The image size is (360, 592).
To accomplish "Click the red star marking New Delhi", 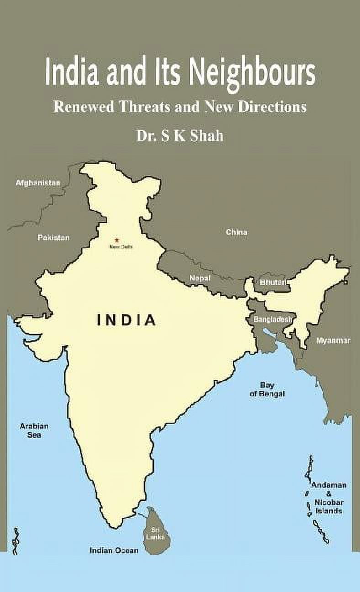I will (116, 239).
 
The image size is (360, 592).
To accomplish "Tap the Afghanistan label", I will (38, 183).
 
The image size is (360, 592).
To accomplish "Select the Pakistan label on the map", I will (53, 238).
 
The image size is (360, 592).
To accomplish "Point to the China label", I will (236, 232).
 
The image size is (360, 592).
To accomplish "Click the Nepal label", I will (200, 278).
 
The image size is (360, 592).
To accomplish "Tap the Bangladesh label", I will (272, 319).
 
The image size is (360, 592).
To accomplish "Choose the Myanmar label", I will (334, 340).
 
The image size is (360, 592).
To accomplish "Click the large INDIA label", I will (127, 320).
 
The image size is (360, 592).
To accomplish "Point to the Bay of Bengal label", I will (267, 389).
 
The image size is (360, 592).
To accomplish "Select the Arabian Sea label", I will (34, 430).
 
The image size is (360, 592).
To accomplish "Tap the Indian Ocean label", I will (114, 550).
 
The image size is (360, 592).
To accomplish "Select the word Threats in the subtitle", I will (144, 107).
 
